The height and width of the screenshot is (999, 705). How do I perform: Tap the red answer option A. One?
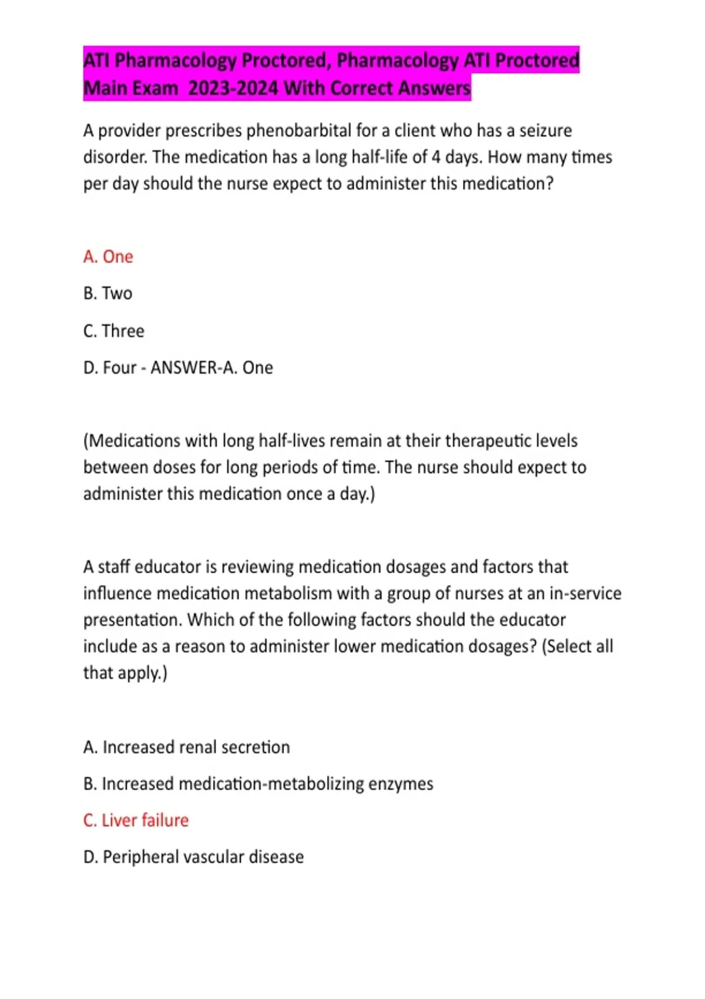pyautogui.click(x=108, y=257)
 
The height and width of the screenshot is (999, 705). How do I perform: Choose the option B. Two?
pyautogui.click(x=108, y=293)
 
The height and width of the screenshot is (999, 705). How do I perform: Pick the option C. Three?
pyautogui.click(x=114, y=331)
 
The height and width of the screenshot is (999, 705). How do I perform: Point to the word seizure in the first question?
pyautogui.click(x=545, y=130)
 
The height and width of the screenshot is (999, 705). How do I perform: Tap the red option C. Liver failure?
pyautogui.click(x=136, y=820)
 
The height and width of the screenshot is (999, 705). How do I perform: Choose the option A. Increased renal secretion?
pyautogui.click(x=186, y=747)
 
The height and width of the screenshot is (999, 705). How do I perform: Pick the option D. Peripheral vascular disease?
pyautogui.click(x=193, y=857)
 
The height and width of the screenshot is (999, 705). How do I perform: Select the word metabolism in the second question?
pyautogui.click(x=288, y=594)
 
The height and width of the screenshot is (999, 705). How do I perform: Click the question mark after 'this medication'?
pyautogui.click(x=549, y=184)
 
